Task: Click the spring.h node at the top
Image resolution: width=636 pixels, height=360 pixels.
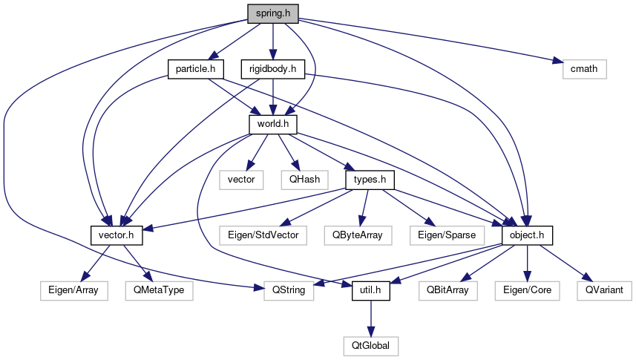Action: coord(273,13)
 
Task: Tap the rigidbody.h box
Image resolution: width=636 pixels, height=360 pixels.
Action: coord(273,69)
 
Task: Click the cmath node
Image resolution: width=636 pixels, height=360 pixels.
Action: coord(580,69)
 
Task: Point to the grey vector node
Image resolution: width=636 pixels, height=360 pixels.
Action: coord(241,180)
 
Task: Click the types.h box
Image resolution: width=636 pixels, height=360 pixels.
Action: coord(370,180)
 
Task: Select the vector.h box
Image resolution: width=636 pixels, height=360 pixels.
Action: coord(117,235)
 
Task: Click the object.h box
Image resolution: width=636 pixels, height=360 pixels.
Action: coord(527,235)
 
